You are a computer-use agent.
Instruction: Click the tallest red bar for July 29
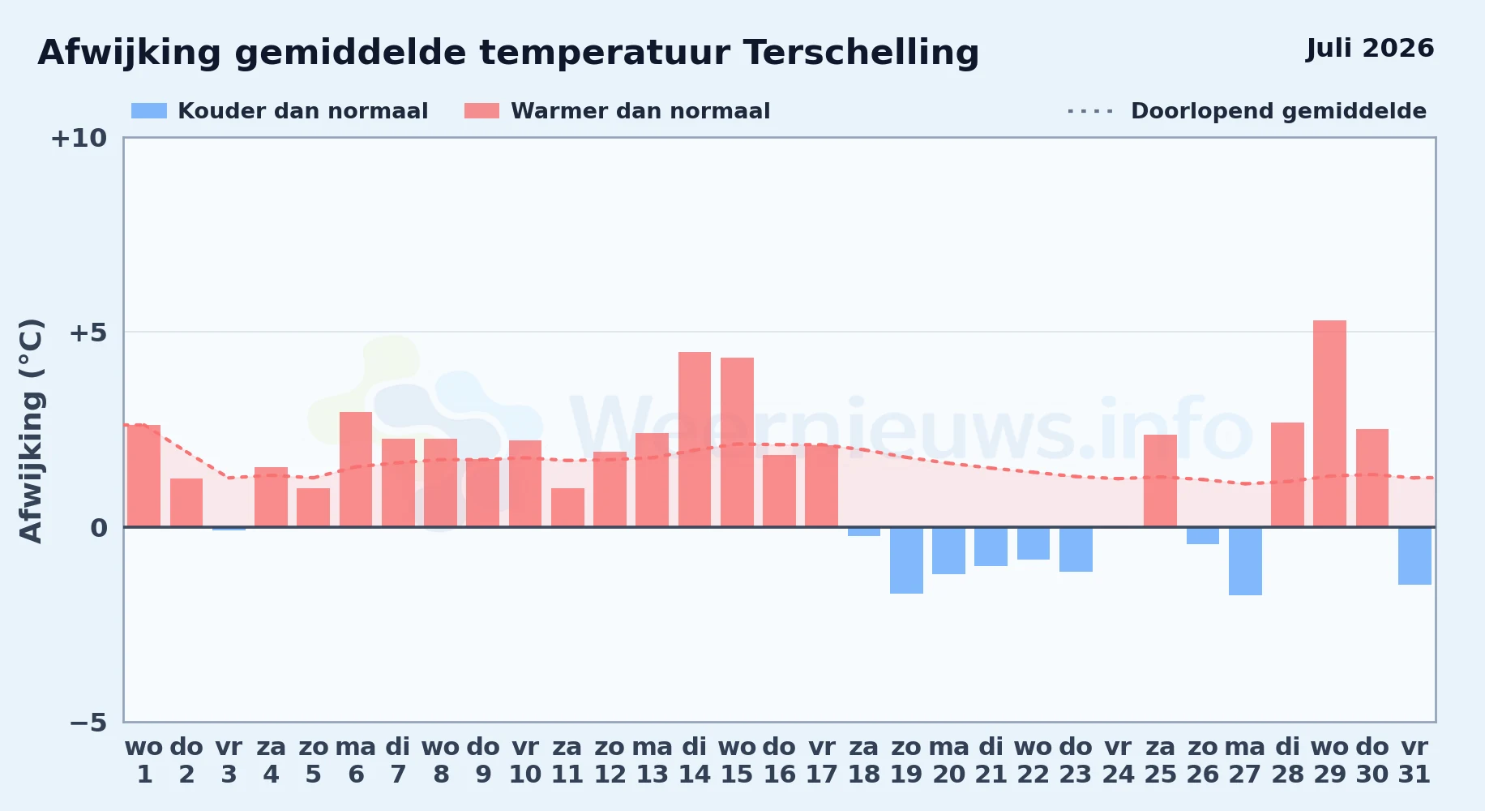(1329, 423)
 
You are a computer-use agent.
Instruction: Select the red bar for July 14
(695, 440)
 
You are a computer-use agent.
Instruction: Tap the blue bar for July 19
(906, 560)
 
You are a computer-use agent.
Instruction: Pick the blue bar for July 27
(1245, 561)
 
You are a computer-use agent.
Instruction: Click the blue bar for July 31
(1414, 556)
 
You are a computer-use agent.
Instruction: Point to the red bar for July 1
(143, 476)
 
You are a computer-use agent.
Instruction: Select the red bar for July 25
(1160, 481)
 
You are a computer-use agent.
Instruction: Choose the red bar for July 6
(356, 470)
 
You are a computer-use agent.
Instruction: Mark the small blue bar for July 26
(1203, 535)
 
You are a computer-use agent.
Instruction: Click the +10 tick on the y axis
(79, 138)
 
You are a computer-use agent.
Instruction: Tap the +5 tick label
(88, 333)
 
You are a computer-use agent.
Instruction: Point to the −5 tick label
(88, 722)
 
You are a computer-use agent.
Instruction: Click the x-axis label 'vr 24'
(1118, 761)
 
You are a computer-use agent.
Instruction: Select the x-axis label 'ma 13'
(653, 761)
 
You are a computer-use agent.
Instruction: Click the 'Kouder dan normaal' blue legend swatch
(149, 111)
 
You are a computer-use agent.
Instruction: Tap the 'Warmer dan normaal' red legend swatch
(482, 111)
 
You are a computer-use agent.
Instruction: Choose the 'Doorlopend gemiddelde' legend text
(1278, 111)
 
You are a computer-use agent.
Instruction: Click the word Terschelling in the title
(861, 53)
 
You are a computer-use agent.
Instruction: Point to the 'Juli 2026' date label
(1370, 48)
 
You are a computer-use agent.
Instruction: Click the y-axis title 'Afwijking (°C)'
(31, 431)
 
